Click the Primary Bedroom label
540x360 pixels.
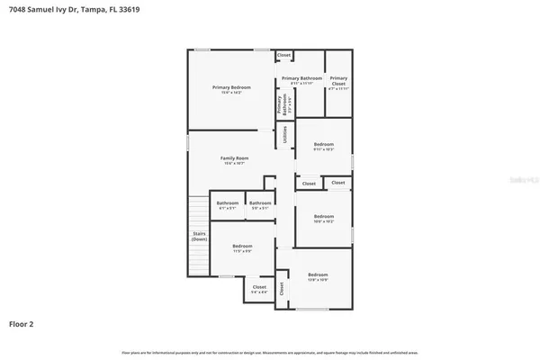(231, 88)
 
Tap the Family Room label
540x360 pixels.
(235, 159)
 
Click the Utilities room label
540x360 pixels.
(285, 135)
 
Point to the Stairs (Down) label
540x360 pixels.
(199, 237)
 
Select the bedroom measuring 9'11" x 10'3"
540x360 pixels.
(324, 146)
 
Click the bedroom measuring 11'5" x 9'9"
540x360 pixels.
(242, 248)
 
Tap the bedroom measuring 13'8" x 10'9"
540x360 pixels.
(318, 276)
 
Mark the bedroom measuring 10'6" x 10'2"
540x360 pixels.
(324, 218)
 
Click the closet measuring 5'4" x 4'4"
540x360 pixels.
(258, 289)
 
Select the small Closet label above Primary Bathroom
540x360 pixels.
(283, 56)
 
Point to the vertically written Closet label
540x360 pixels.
(281, 289)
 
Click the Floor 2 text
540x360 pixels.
(22, 322)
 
